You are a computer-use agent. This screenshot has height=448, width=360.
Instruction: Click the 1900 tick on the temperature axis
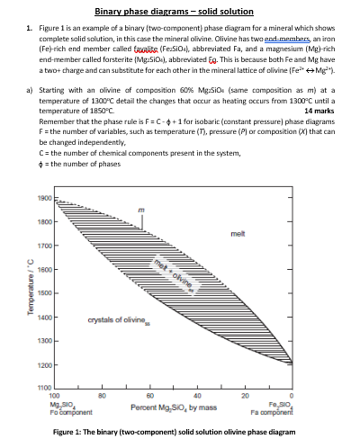45,197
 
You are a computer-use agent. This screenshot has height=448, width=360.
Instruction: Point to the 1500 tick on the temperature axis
45,293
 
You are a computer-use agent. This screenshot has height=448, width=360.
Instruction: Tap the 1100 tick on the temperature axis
45,388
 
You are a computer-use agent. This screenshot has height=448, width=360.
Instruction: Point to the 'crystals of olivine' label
116,320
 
